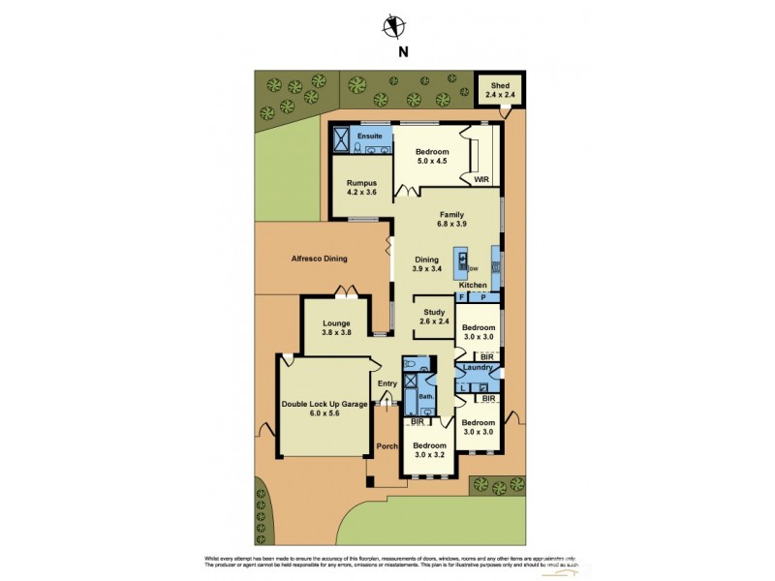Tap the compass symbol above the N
pos(392,27)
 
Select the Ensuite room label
pos(369,137)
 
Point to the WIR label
pos(481,180)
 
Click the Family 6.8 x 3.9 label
pos(451,220)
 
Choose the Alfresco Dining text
pos(319,259)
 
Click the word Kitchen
pos(472,286)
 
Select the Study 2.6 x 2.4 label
pos(433,317)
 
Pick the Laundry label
pos(479,368)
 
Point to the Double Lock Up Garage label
pos(325,409)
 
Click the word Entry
pos(387,384)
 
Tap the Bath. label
pos(426,397)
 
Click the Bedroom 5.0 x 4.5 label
pos(432,158)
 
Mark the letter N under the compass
pos(392,54)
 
